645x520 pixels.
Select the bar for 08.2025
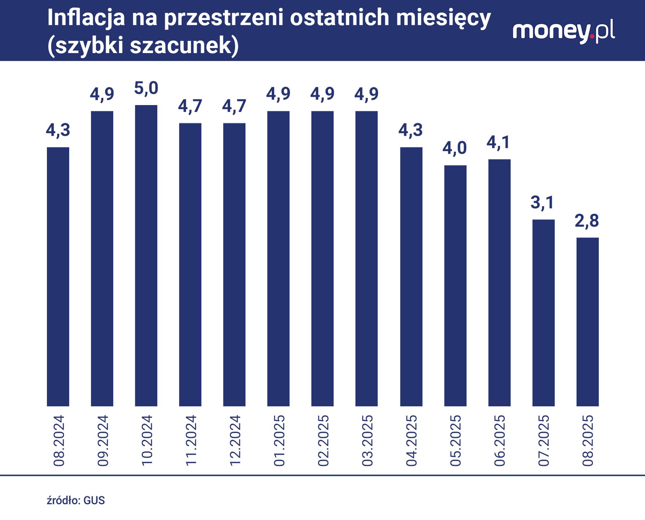point(587,321)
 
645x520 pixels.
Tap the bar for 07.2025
point(543,312)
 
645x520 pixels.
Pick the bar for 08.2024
point(58,276)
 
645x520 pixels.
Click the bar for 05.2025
point(455,285)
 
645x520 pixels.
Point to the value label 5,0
point(146,89)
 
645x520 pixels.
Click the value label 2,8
point(587,221)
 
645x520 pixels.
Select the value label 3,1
point(542,203)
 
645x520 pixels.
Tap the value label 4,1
point(499,143)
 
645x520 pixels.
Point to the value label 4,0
point(455,148)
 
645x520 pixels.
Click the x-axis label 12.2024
point(235,441)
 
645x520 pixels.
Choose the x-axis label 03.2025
point(367,441)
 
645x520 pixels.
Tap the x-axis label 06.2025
point(500,441)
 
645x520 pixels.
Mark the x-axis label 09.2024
point(103,441)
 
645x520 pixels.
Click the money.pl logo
point(563,32)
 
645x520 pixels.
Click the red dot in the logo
point(592,36)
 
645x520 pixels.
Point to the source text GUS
point(94,500)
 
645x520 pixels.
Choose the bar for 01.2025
point(278,258)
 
